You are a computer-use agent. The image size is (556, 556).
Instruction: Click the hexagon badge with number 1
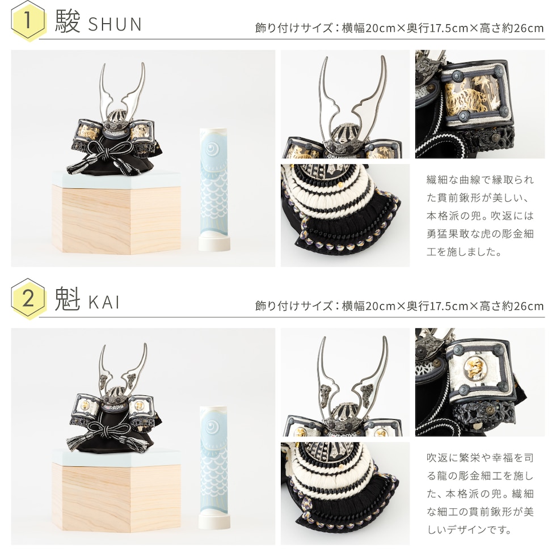[x=28, y=20]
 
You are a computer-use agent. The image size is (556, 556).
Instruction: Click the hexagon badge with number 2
[x=28, y=299]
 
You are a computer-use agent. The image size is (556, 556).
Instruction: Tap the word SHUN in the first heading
[x=115, y=24]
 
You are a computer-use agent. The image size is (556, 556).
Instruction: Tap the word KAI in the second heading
[x=104, y=302]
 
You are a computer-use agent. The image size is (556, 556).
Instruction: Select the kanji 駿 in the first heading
[x=68, y=22]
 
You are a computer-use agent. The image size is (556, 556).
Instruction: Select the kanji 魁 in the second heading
[x=68, y=299]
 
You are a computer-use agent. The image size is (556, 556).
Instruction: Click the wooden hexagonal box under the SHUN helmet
[x=116, y=213]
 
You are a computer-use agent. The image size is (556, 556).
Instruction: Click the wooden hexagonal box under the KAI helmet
[x=116, y=491]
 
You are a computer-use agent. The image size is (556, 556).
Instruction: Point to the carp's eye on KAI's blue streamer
[x=212, y=426]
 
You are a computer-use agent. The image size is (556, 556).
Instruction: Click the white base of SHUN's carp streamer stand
[x=214, y=245]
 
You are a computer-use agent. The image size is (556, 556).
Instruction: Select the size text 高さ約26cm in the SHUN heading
[x=511, y=28]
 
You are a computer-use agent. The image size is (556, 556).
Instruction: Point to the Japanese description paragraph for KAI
[x=480, y=494]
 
